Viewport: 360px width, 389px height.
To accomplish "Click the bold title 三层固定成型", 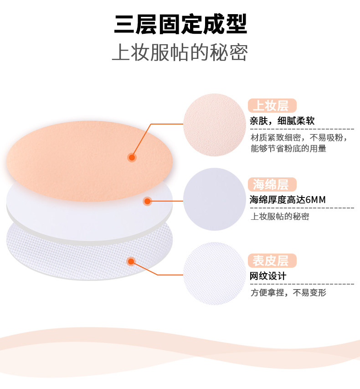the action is (180, 25).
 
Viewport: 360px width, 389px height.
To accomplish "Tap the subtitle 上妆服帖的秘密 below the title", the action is (180, 53).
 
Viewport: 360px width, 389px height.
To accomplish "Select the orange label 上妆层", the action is (272, 106).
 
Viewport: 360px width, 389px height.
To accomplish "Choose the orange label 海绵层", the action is (272, 184).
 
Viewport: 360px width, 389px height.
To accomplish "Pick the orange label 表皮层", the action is (272, 261).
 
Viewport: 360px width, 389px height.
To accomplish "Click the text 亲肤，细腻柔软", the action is (282, 121).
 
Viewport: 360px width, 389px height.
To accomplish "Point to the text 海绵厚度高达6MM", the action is (288, 199).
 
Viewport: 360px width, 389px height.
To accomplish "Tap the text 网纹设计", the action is (268, 276).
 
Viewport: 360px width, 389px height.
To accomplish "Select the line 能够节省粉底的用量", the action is (288, 148).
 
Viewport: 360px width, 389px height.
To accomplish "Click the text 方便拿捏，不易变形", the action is (288, 293).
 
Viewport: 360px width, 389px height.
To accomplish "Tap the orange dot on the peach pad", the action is (132, 157).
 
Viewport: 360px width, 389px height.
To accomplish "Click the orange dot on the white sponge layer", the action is (147, 201).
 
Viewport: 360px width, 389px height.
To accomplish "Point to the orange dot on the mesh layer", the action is (131, 261).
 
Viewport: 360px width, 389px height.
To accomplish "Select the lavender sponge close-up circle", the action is (214, 199).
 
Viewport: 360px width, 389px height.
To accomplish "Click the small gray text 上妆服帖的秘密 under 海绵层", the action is (280, 216).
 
